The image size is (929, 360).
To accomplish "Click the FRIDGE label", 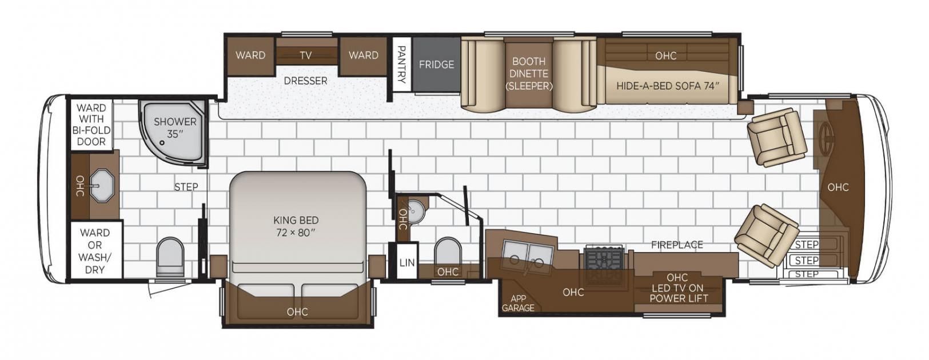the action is click(436, 65).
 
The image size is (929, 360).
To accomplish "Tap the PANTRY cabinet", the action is click(401, 64).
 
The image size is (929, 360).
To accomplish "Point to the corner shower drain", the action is click(162, 142).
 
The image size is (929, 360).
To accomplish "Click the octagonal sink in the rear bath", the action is click(102, 185).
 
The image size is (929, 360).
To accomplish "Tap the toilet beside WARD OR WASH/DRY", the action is click(170, 257).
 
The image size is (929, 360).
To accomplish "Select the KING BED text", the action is click(296, 220).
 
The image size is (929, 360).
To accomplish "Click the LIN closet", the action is click(407, 262).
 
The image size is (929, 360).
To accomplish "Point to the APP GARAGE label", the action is click(518, 303).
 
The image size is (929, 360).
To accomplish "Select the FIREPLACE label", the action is click(677, 245).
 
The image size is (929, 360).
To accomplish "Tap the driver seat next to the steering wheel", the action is click(776, 137).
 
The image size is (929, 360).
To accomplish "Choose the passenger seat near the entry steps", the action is click(767, 237).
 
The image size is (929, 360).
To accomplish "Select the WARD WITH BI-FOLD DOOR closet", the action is click(91, 125).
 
